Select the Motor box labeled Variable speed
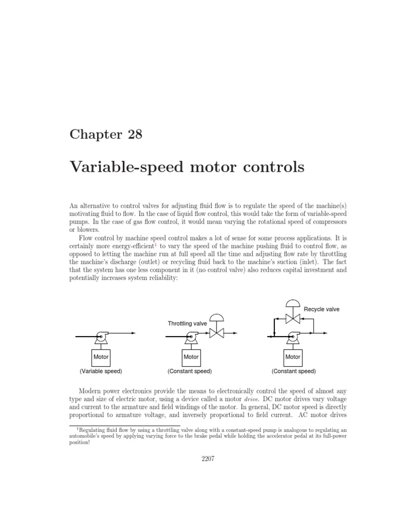[x=100, y=356]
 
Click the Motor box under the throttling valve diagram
[x=191, y=356]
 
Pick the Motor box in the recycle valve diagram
[x=293, y=356]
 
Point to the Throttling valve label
[x=187, y=323]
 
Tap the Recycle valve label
[x=321, y=309]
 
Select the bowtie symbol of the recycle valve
[x=292, y=319]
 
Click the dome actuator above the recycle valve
[x=292, y=303]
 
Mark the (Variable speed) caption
[x=101, y=371]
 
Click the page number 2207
[x=196, y=458]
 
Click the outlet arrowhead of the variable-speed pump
[x=134, y=333]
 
